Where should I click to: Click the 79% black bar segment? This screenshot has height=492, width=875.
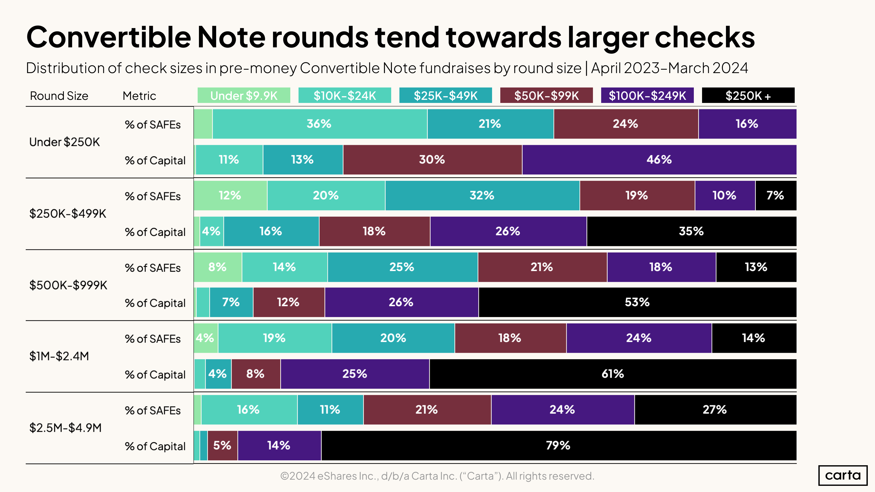pos(558,445)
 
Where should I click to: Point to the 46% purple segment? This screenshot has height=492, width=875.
pos(659,160)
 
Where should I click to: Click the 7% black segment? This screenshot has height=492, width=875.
pos(775,195)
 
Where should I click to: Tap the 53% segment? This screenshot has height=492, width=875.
pos(637,302)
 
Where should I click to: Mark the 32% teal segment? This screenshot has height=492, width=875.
pos(482,195)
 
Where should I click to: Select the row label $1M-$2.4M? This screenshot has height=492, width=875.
pos(59,356)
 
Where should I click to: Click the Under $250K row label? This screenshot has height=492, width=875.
pos(65,142)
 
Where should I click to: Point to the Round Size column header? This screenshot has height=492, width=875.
pos(59,96)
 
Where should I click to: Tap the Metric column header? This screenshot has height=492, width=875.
pos(139,96)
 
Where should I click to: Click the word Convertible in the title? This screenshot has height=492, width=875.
pos(109,37)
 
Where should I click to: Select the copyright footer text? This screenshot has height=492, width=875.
pos(437,476)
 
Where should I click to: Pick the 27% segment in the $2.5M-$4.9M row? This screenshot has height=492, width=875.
pos(715,409)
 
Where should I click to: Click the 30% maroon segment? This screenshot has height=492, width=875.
pos(432,160)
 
